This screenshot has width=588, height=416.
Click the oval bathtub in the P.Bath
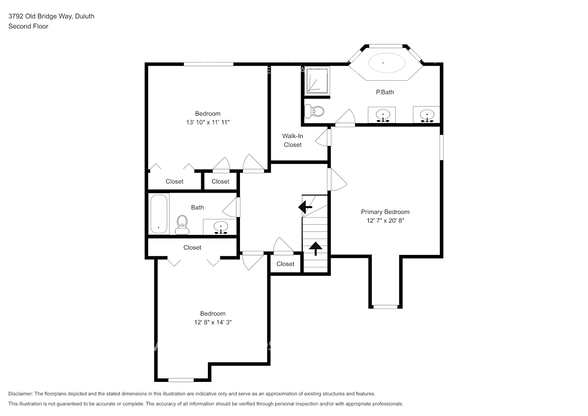tap(387, 63)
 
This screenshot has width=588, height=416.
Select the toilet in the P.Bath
tap(314, 111)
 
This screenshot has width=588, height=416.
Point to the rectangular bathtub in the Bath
tap(159, 214)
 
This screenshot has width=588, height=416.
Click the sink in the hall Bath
tap(221, 228)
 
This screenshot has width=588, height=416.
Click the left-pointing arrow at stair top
tap(305, 207)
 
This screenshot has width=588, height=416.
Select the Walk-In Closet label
tap(293, 140)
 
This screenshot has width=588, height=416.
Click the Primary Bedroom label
tap(385, 212)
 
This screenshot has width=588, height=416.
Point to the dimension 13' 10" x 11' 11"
tap(208, 122)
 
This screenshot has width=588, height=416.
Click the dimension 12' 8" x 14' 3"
tap(213, 322)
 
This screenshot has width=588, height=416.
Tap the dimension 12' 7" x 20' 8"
tap(385, 220)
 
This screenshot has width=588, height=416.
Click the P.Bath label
tap(385, 92)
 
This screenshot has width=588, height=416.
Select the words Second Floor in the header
tap(28, 26)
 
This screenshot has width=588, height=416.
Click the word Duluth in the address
tap(84, 16)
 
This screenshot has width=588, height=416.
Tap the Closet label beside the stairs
tap(285, 264)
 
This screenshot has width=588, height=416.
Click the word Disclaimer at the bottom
tap(20, 394)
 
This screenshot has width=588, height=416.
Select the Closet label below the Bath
tap(192, 248)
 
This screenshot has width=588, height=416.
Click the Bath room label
tap(198, 208)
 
